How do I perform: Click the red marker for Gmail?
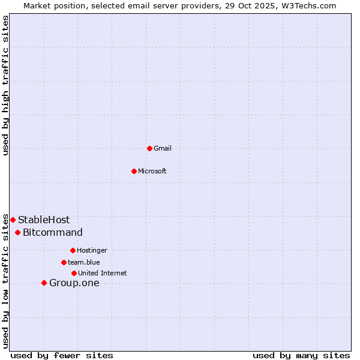149,148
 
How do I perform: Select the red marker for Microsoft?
134,171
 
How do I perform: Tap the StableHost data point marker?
13,220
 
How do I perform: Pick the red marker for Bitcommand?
17,232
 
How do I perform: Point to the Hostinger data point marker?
73,250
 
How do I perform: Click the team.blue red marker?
64,262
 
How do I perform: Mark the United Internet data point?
74,273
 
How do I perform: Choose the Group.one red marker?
44,283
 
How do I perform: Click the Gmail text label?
163,148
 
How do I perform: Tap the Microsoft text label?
152,171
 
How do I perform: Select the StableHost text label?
44,220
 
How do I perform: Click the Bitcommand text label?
53,232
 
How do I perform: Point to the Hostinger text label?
92,250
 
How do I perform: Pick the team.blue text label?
84,262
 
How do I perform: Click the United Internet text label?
103,273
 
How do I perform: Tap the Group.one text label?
74,283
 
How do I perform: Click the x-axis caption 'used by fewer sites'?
62,355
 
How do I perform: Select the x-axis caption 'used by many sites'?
301,355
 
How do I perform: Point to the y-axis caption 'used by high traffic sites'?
5,85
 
